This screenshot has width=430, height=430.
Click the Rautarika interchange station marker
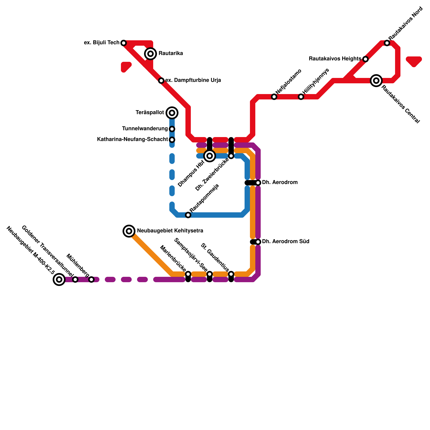tap(150, 54)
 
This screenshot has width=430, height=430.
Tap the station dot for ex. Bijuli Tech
tap(124, 43)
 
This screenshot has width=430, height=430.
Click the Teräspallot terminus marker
tap(172, 113)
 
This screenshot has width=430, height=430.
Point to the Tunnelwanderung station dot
tap(172, 129)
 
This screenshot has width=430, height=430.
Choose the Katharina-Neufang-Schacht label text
tap(132, 139)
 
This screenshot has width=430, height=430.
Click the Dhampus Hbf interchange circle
tap(210, 156)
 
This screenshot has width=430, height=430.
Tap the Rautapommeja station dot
tap(188, 215)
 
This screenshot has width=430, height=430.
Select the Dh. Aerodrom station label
tap(280, 182)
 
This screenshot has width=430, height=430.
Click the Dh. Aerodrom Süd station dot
tap(258, 242)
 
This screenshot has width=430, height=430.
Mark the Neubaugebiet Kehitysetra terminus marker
tap(129, 231)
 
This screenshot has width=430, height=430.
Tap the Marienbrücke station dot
tap(188, 274)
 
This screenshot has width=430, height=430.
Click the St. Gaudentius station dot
tap(231, 274)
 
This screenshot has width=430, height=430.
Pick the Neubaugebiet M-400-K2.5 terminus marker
tap(59, 279)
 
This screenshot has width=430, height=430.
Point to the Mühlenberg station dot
tap(91, 279)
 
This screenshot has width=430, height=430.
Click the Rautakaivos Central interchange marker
tap(376, 81)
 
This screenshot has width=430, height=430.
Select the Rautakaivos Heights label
tap(335, 59)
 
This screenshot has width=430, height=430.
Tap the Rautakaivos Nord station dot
tap(387, 43)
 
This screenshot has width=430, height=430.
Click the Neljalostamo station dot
tap(274, 97)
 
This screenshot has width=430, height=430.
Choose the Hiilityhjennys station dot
tap(301, 97)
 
